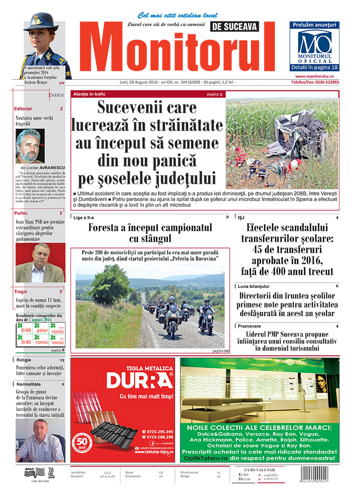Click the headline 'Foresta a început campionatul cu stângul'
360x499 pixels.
(150, 233)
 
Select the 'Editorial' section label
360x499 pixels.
(23, 108)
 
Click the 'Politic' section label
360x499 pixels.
(21, 213)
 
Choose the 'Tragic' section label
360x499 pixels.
(21, 291)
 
